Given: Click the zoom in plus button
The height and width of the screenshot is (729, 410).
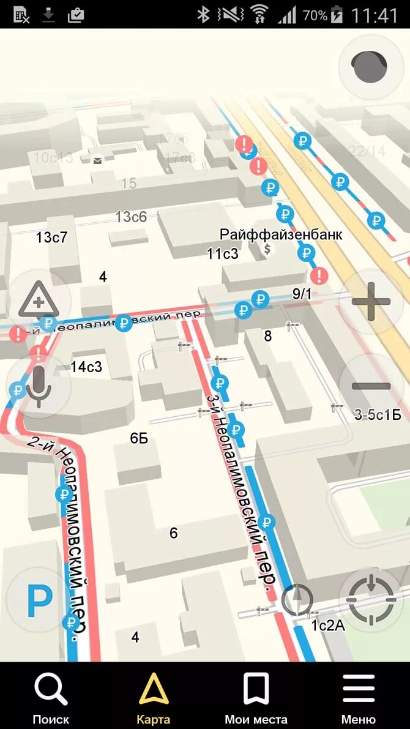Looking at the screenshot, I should click(x=371, y=301).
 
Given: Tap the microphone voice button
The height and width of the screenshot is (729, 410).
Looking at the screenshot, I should click(x=39, y=386).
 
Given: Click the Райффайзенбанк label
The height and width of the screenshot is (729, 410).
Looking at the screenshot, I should click(x=281, y=234).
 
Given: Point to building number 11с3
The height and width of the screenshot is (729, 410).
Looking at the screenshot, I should click(x=222, y=253).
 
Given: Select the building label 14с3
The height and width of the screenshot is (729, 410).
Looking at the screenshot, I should click(x=86, y=367).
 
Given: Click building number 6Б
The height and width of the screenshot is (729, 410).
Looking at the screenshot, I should click(x=139, y=438).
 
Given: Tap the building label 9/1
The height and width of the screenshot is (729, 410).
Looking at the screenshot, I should click(x=302, y=294).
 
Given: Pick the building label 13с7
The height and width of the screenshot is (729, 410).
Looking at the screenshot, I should click(x=51, y=237).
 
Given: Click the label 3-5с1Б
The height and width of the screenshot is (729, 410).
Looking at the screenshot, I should click(x=378, y=415).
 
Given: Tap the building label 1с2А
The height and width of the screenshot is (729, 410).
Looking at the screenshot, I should click(x=328, y=626).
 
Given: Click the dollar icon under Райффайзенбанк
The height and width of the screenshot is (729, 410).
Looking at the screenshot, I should click(x=267, y=249).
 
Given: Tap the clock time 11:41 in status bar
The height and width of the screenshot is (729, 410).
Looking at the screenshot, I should click(x=375, y=15).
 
